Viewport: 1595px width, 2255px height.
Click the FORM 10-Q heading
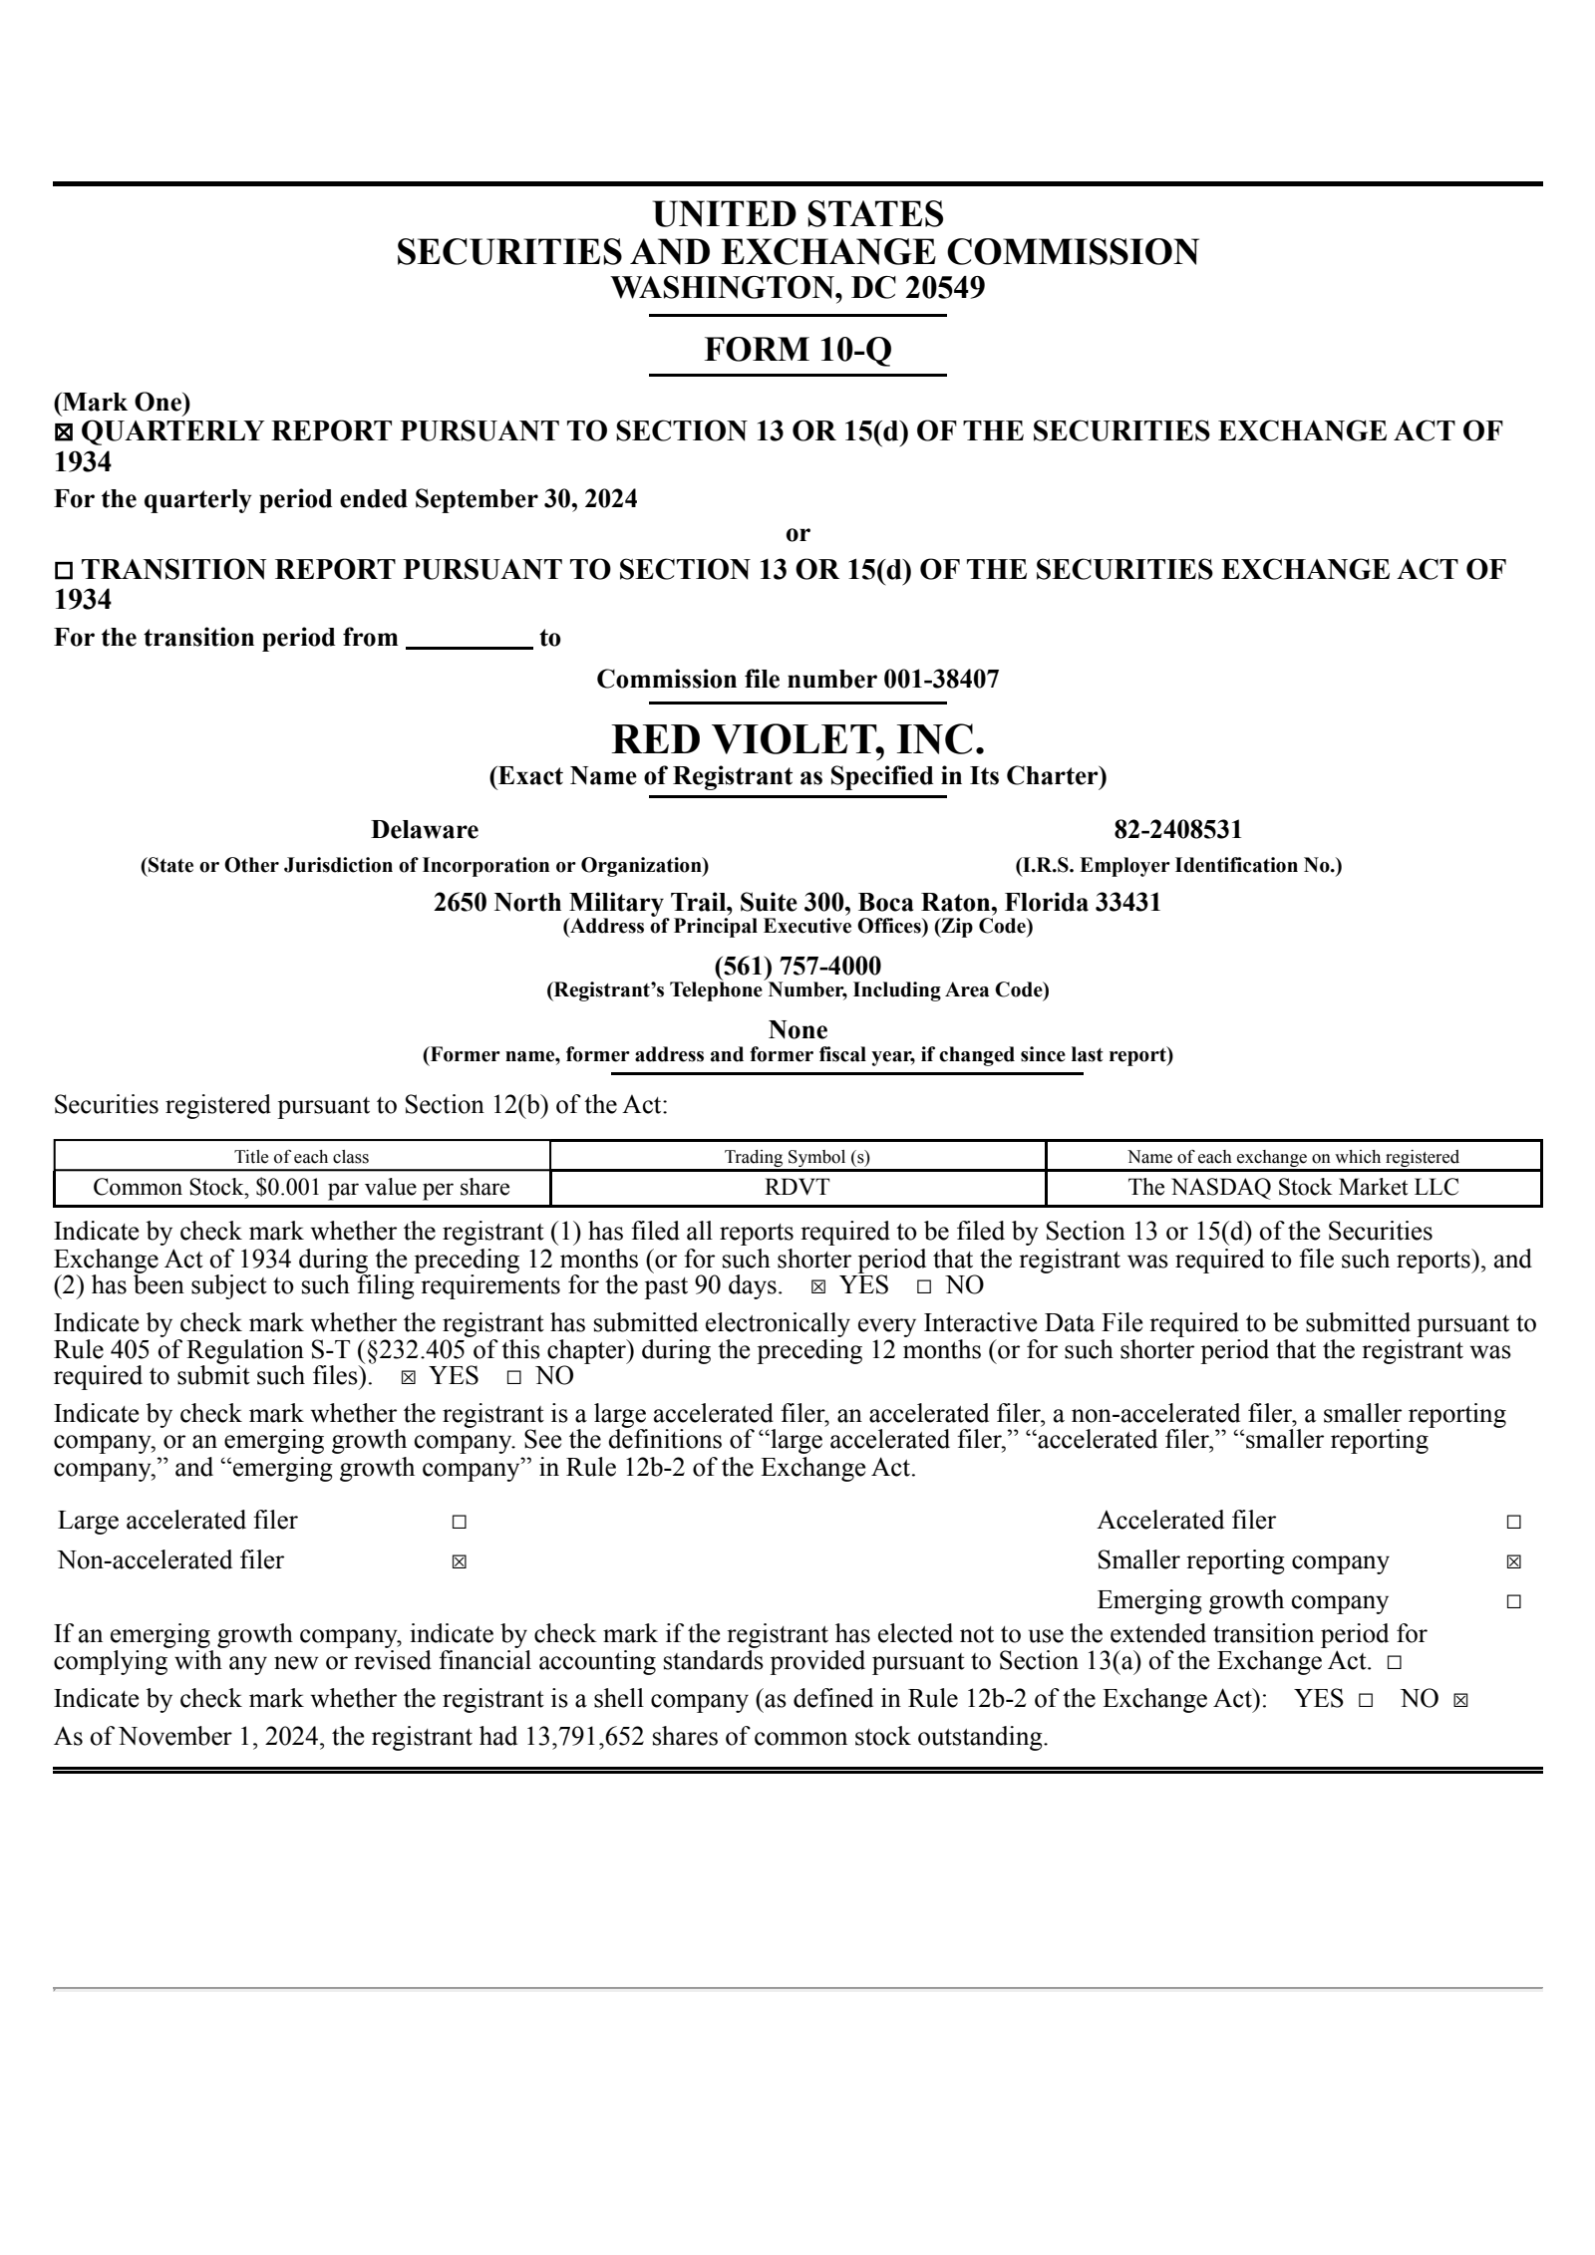pos(797,350)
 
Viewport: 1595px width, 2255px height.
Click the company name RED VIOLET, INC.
pos(797,739)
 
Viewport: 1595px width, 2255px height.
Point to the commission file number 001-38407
pos(940,680)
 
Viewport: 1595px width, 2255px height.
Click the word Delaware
pos(425,830)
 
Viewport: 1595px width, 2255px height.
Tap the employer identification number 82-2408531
pos(1177,830)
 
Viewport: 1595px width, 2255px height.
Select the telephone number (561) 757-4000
pos(797,966)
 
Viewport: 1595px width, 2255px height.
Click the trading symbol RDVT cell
pos(797,1187)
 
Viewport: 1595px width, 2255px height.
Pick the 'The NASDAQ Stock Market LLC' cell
pos(1293,1187)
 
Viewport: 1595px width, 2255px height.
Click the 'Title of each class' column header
pos(301,1157)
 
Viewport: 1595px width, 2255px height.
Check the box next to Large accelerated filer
pos(459,1522)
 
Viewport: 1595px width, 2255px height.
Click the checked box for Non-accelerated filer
pos(459,1561)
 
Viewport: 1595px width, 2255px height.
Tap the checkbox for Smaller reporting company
pos(1513,1561)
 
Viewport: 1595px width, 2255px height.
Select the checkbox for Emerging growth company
pos(1513,1601)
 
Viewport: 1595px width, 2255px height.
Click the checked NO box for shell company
pos(1460,1700)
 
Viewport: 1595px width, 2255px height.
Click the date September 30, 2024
pos(525,499)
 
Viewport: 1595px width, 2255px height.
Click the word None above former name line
pos(797,1029)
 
